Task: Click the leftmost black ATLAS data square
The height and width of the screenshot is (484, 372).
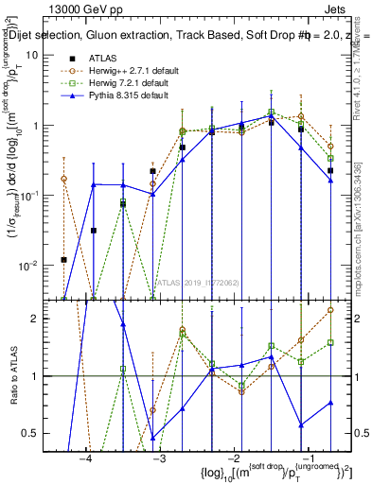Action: pyautogui.click(x=63, y=259)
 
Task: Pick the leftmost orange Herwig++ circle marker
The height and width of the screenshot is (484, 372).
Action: pyautogui.click(x=63, y=178)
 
